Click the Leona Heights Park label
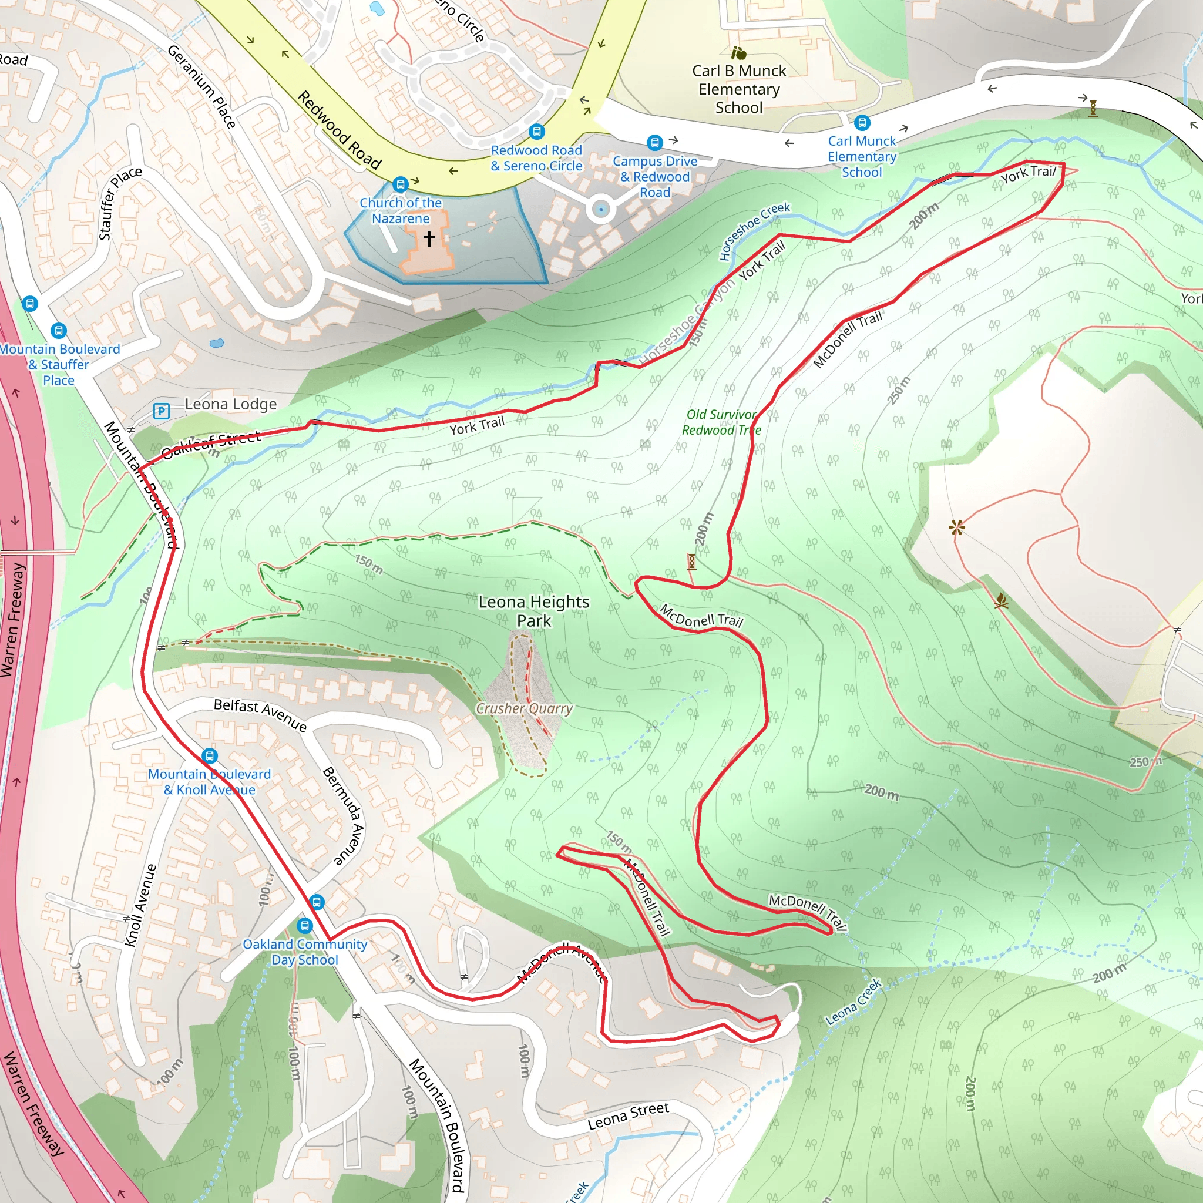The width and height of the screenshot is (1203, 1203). pos(533,611)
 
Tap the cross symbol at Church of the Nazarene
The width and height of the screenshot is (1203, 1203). pos(429,238)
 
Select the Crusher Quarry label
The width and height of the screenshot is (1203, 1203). pos(525,708)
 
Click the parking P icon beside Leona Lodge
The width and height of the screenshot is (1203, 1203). pos(162,411)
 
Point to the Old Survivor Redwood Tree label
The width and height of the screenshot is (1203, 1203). pos(721,422)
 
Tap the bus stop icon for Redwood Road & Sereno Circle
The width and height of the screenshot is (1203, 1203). pos(537,132)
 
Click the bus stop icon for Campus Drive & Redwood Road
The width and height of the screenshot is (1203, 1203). pos(654,143)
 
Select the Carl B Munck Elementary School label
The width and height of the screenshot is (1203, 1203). pos(739,89)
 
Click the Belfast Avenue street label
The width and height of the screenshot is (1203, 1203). pos(260,715)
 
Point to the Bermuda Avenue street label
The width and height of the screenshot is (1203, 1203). pos(343,816)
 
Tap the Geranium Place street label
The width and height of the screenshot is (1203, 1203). pos(201,86)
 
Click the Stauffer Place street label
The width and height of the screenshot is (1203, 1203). pos(120,203)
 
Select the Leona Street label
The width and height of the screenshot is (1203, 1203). pos(629,1116)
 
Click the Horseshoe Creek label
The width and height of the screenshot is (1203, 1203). pos(754,230)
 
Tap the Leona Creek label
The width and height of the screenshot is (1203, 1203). pos(853,1002)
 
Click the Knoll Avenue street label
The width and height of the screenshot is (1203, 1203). pos(140,905)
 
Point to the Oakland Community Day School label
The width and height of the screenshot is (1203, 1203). pos(304,952)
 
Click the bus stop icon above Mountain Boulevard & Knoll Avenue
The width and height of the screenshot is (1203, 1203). pos(210,756)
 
